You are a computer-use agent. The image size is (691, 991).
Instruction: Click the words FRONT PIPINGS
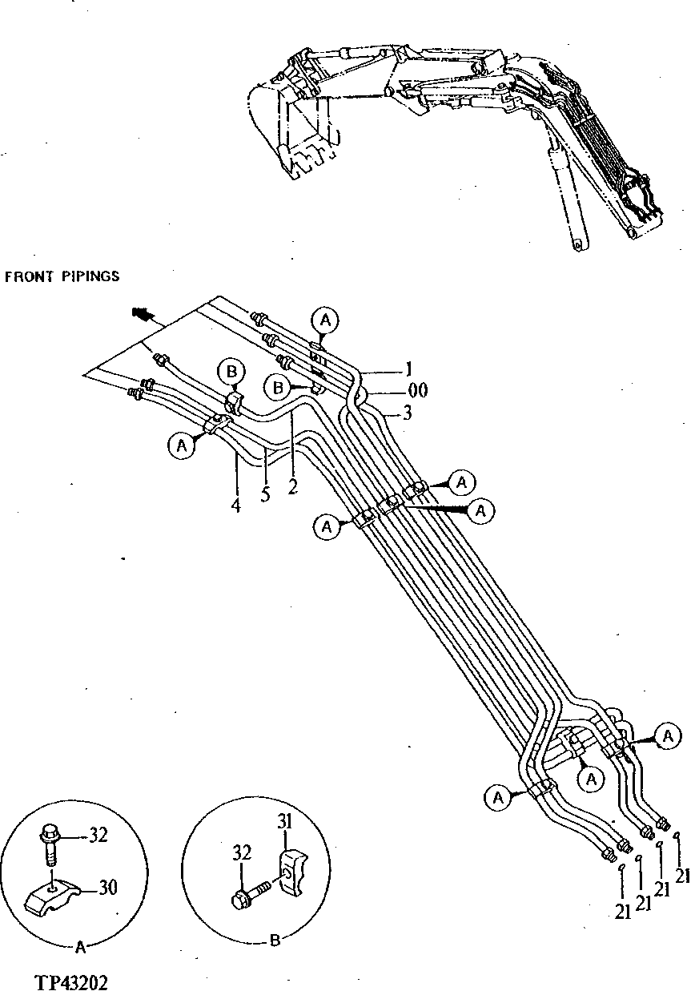click(62, 276)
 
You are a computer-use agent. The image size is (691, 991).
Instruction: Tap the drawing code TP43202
click(70, 981)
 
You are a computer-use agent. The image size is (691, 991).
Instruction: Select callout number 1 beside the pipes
click(408, 370)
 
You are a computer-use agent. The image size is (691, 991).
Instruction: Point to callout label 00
click(416, 390)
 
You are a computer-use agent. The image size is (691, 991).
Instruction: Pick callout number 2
click(293, 485)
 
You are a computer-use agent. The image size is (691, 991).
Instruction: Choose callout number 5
click(265, 494)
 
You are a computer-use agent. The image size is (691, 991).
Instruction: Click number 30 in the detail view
click(109, 887)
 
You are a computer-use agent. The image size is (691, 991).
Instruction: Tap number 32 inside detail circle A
click(97, 836)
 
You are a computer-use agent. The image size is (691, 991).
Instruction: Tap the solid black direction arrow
click(143, 315)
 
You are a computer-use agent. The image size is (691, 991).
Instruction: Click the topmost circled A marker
click(324, 320)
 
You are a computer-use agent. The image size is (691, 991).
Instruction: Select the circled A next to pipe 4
click(183, 445)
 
